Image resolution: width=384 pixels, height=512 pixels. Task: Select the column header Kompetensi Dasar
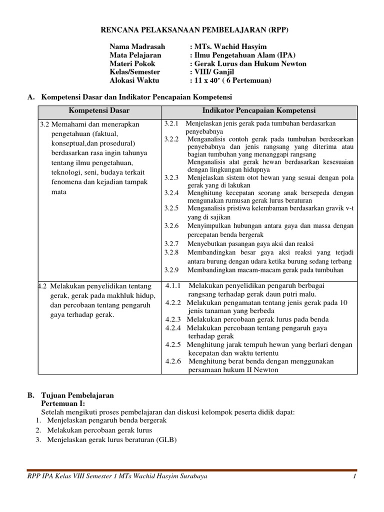pyautogui.click(x=99, y=110)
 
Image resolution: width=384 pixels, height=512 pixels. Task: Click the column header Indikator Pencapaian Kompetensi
pyautogui.click(x=258, y=110)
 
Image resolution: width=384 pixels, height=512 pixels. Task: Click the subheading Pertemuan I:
pyautogui.click(x=63, y=403)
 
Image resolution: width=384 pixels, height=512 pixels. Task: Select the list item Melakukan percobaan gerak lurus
pyautogui.click(x=99, y=430)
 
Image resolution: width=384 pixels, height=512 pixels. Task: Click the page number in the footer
pyautogui.click(x=353, y=476)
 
